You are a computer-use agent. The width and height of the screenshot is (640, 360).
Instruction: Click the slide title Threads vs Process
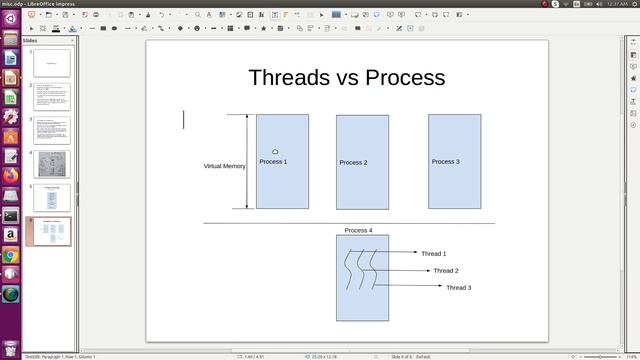pyautogui.click(x=346, y=77)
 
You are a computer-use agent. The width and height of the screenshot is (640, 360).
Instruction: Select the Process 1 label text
pyautogui.click(x=273, y=162)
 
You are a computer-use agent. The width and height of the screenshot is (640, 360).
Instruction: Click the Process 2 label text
pyautogui.click(x=353, y=162)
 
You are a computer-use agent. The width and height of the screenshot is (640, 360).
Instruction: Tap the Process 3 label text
pyautogui.click(x=445, y=161)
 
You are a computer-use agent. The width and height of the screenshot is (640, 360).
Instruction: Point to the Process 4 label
pyautogui.click(x=358, y=231)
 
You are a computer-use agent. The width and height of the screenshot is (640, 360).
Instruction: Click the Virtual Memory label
pyautogui.click(x=224, y=166)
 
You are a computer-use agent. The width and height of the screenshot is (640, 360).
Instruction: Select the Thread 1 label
pyautogui.click(x=433, y=254)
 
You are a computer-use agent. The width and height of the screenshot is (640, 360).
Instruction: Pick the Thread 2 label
pyautogui.click(x=446, y=271)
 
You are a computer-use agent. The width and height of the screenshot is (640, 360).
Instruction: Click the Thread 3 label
pyautogui.click(x=458, y=288)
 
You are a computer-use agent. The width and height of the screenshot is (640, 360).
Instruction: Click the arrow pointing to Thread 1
pyautogui.click(x=400, y=252)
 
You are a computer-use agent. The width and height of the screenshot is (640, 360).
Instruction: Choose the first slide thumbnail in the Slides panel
pyautogui.click(x=51, y=63)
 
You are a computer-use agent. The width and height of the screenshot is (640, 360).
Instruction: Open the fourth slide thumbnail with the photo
pyautogui.click(x=51, y=164)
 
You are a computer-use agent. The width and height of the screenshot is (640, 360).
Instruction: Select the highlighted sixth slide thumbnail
pyautogui.click(x=51, y=231)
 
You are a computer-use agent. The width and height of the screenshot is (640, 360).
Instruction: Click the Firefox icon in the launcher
pyautogui.click(x=10, y=175)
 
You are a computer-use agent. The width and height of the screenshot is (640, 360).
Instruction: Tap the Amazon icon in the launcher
pyautogui.click(x=10, y=235)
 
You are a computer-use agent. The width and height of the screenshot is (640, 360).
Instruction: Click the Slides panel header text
pyautogui.click(x=30, y=41)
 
